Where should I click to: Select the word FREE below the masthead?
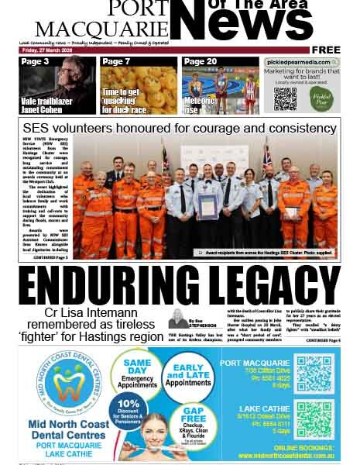click(x=326, y=50)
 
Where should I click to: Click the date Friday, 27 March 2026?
click(x=47, y=50)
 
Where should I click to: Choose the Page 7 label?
click(x=116, y=62)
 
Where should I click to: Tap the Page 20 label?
click(x=201, y=62)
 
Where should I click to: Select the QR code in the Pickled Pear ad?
click(x=285, y=98)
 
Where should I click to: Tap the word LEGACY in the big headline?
click(x=263, y=286)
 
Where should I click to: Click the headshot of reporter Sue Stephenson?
click(x=177, y=319)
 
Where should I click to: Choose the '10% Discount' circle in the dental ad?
click(x=129, y=414)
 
